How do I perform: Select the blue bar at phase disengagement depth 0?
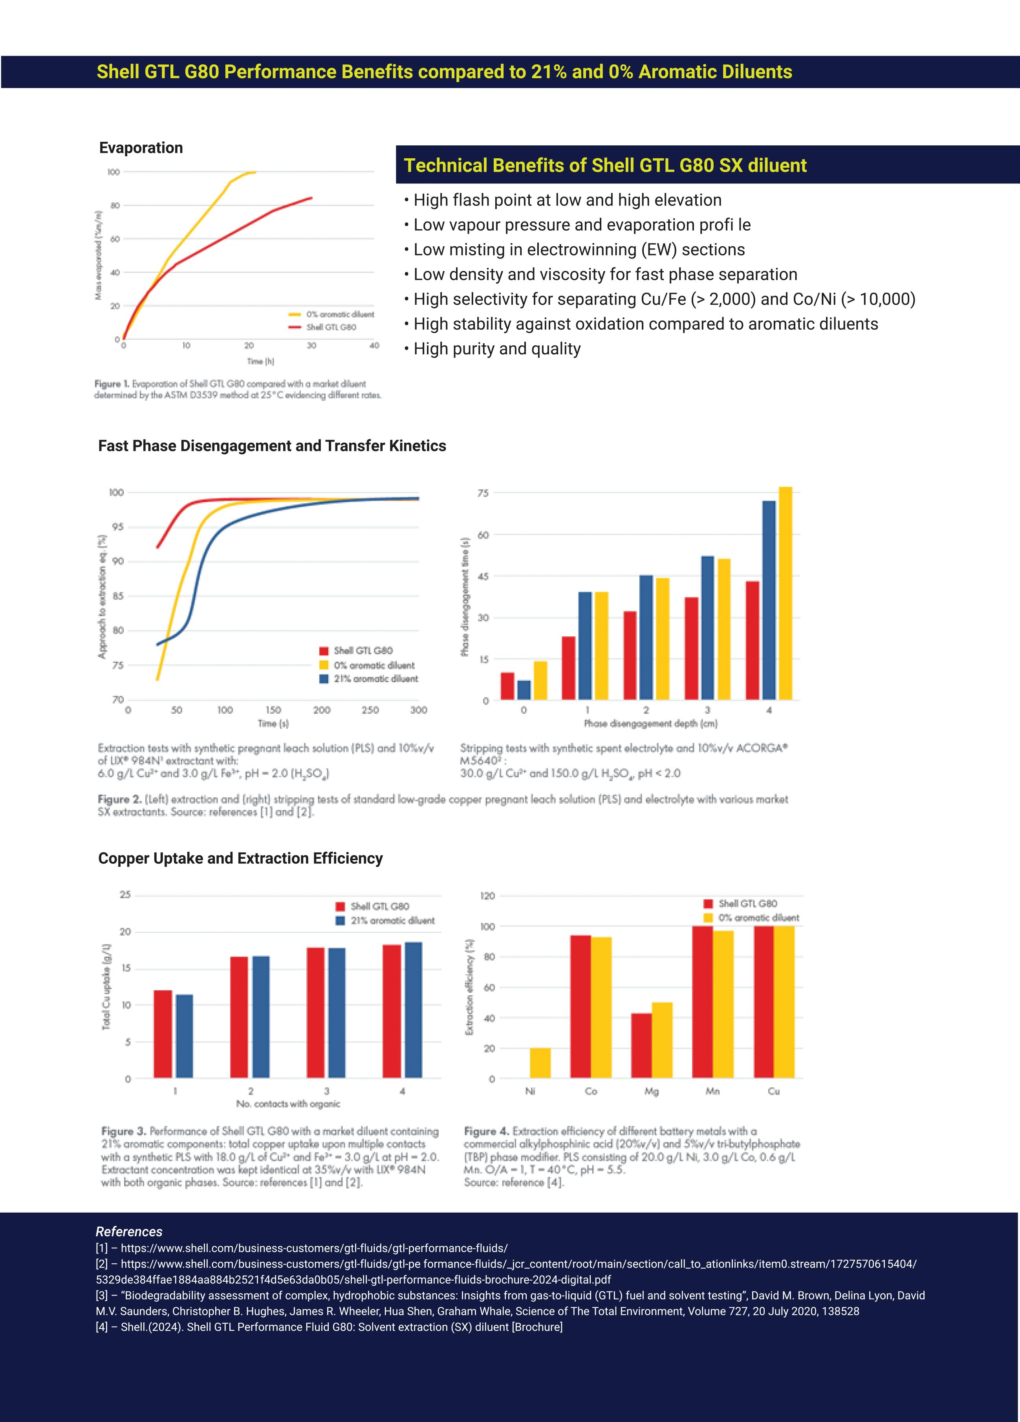coord(524,690)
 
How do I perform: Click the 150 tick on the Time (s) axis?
coord(273,710)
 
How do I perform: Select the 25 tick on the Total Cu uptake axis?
coord(125,895)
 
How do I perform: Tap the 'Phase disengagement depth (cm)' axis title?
coord(650,724)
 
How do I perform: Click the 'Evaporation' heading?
coord(141,148)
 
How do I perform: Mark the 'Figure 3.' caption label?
coord(123,1131)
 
